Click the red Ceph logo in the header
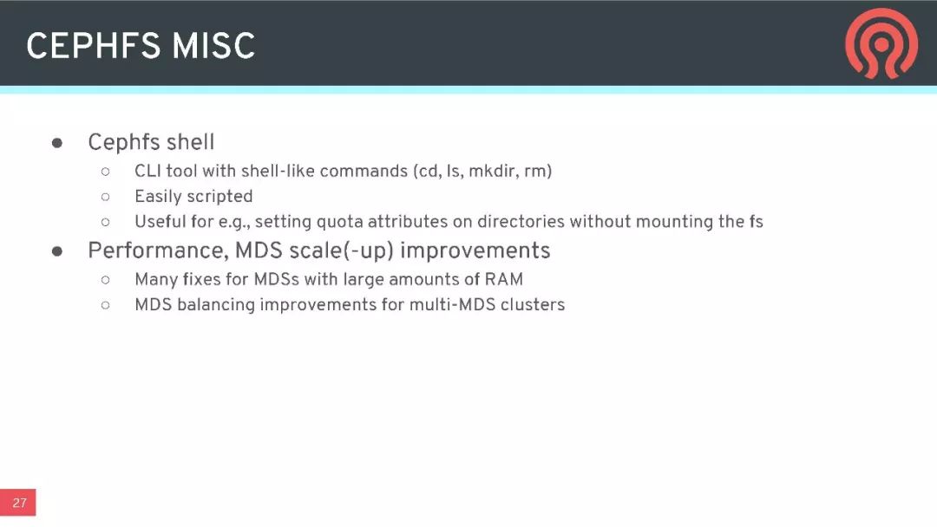coord(881,43)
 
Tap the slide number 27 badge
coord(18,503)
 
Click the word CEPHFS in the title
coord(93,46)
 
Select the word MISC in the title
coord(214,46)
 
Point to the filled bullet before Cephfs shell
coord(57,143)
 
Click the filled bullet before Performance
coord(57,251)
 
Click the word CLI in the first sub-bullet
coord(147,172)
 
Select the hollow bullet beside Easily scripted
coord(106,197)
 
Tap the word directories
coord(521,221)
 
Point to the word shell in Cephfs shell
coord(190,142)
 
